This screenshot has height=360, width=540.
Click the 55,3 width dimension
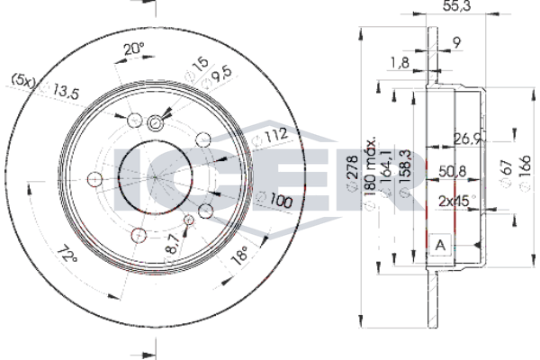(x=456, y=6)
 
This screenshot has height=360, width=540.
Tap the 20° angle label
(x=134, y=49)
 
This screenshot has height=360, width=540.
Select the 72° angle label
(x=67, y=254)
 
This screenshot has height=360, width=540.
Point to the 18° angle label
(x=240, y=255)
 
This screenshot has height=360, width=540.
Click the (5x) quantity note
(x=23, y=80)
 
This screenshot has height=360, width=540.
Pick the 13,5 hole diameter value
(x=66, y=92)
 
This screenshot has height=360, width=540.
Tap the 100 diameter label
(x=281, y=201)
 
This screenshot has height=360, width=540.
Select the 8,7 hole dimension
(x=172, y=243)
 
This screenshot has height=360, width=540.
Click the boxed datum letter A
(x=440, y=246)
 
